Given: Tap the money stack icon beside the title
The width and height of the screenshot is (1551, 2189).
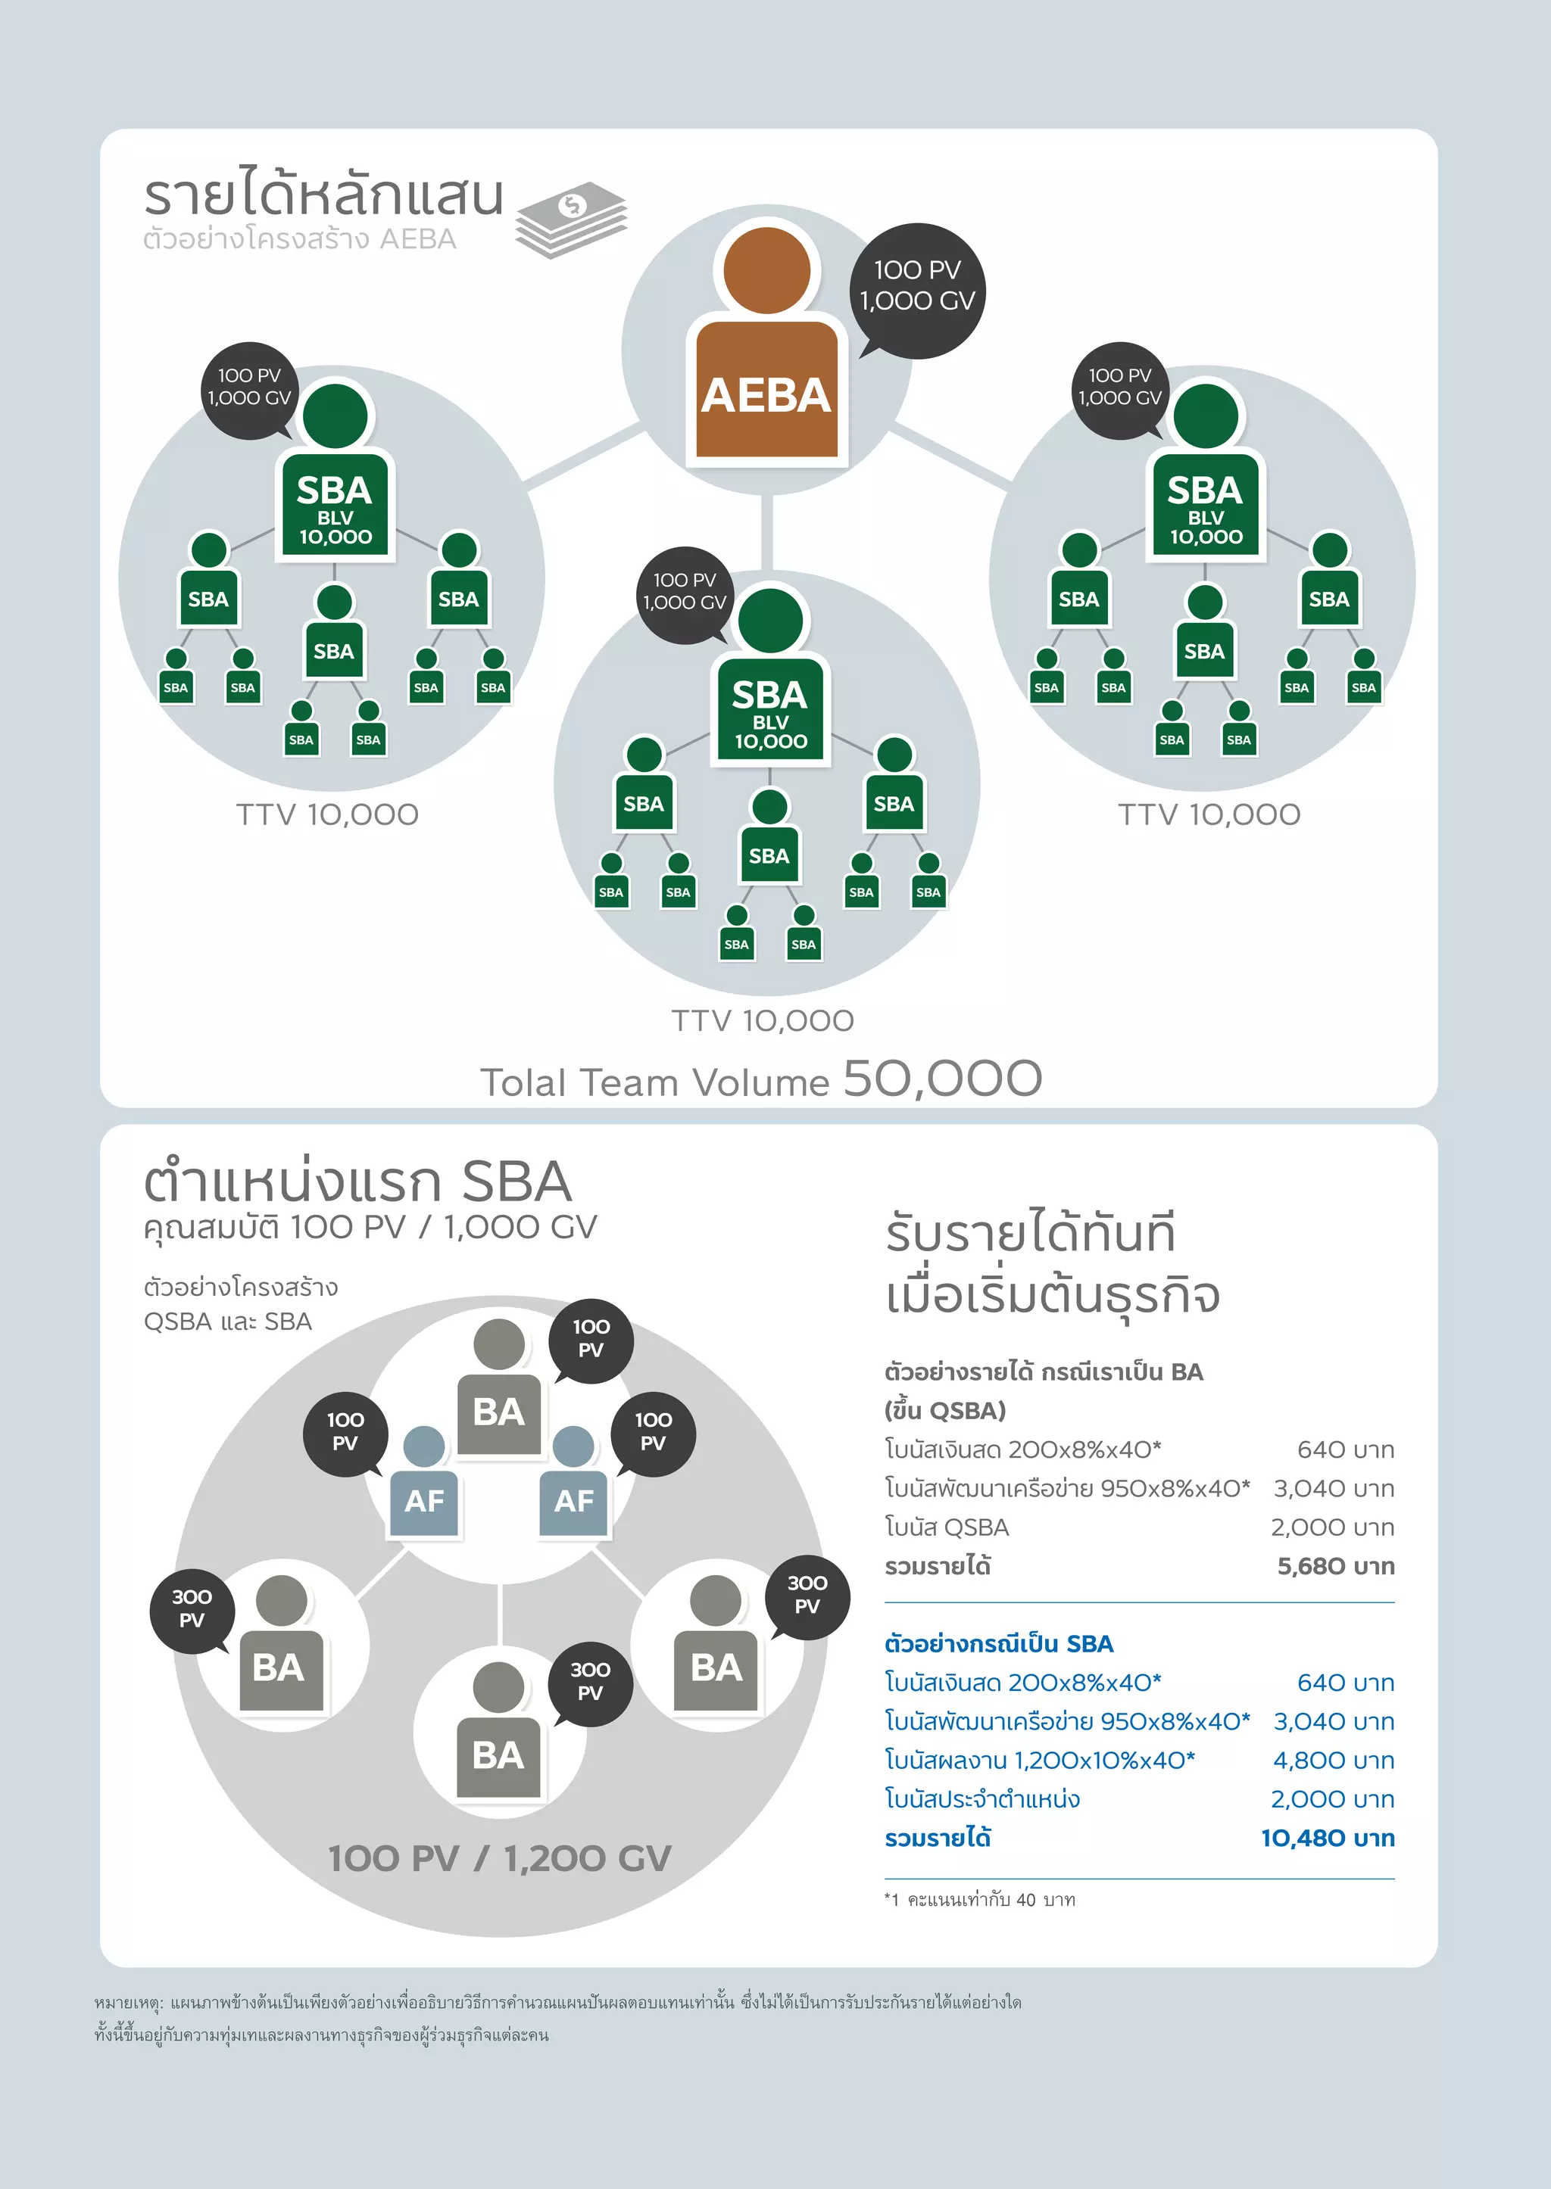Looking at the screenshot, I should pyautogui.click(x=571, y=220).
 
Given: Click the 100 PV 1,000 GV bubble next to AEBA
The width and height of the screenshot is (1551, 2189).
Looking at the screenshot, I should pyautogui.click(x=917, y=286).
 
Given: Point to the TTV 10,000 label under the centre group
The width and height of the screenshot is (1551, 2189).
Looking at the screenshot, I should pyautogui.click(x=762, y=1020).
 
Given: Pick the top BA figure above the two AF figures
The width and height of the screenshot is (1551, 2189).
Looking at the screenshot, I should pyautogui.click(x=498, y=1389).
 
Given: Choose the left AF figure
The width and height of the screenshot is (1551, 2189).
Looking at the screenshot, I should pyautogui.click(x=424, y=1484).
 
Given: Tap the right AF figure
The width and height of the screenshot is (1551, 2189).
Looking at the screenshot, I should pyautogui.click(x=574, y=1484).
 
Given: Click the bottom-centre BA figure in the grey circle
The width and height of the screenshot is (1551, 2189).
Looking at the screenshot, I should pyautogui.click(x=498, y=1733).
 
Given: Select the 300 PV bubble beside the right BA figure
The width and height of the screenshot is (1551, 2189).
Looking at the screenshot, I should pyautogui.click(x=807, y=1596).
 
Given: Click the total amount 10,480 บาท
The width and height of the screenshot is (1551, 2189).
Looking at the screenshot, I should pyautogui.click(x=1328, y=1838).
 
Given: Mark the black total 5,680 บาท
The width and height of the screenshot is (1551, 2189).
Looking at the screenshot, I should pyautogui.click(x=1335, y=1565).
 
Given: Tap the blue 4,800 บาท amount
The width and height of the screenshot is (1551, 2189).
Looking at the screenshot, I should pyautogui.click(x=1333, y=1759).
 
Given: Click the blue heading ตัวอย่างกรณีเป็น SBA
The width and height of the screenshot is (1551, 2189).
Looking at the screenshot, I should pyautogui.click(x=999, y=1643).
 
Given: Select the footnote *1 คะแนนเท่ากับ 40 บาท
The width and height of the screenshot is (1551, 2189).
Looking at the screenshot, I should pyautogui.click(x=980, y=1900).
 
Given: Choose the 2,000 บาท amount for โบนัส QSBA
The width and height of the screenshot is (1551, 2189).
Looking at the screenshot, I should pyautogui.click(x=1331, y=1527).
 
